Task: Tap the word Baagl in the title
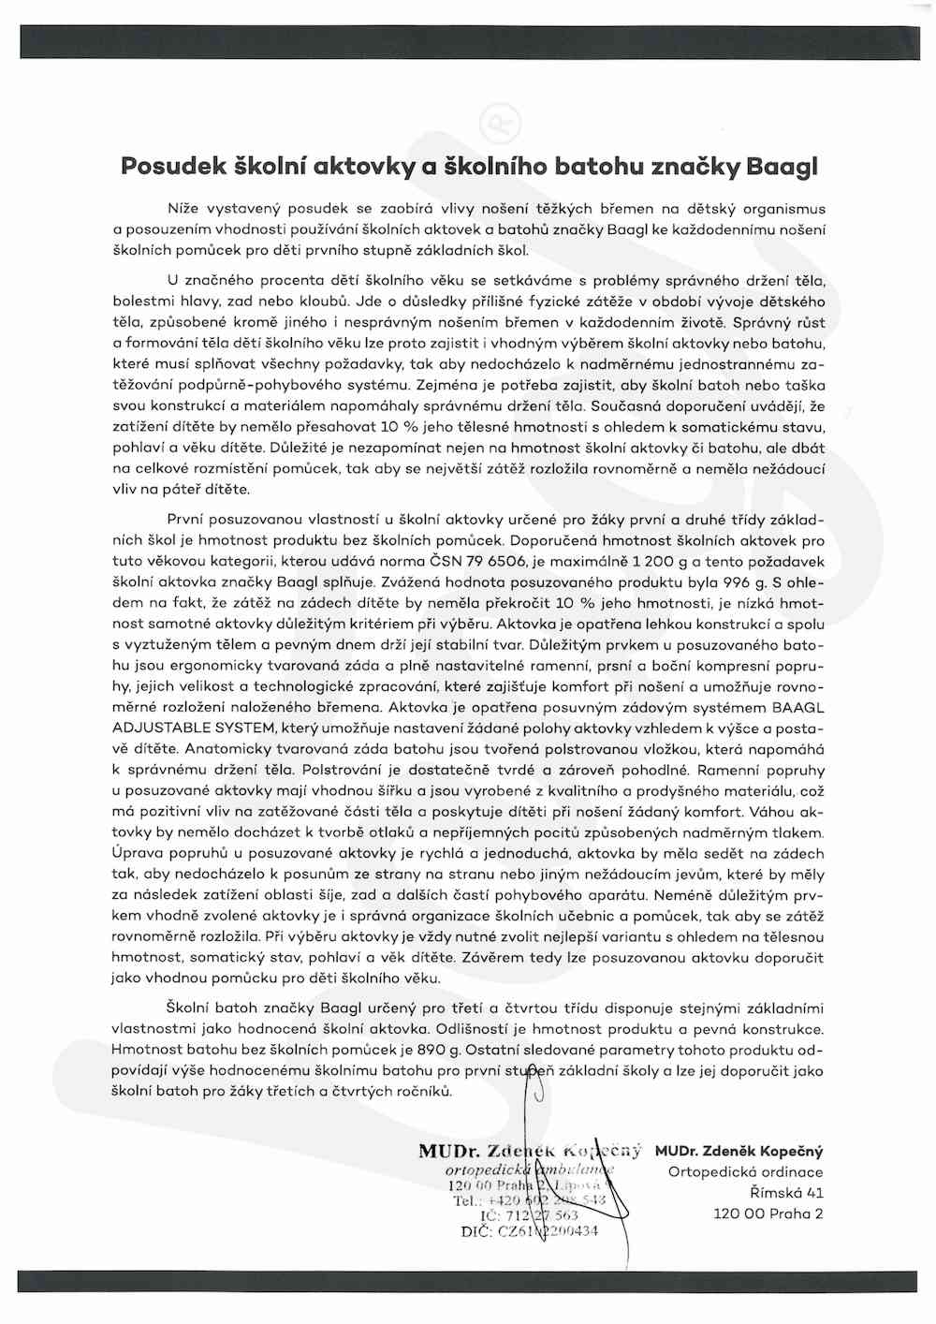click(x=782, y=167)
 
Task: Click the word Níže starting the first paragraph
click(x=183, y=209)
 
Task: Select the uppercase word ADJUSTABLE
click(x=160, y=728)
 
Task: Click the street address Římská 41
click(x=786, y=1193)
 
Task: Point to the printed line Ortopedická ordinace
click(x=746, y=1172)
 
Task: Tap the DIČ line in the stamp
click(x=530, y=1232)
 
